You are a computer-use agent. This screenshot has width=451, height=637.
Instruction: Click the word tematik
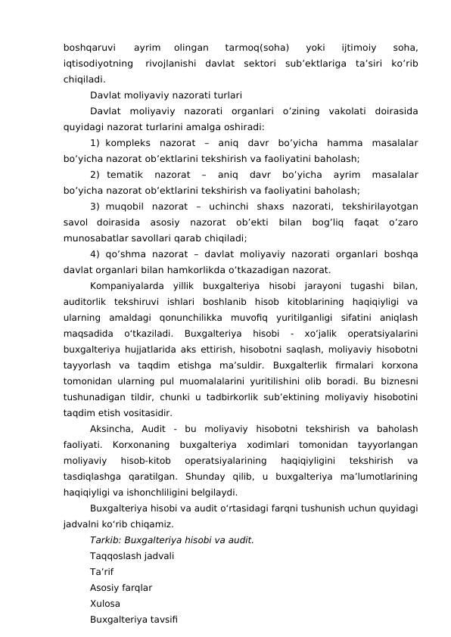tap(131, 175)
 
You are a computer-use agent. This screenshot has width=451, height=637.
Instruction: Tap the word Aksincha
tap(111, 429)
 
